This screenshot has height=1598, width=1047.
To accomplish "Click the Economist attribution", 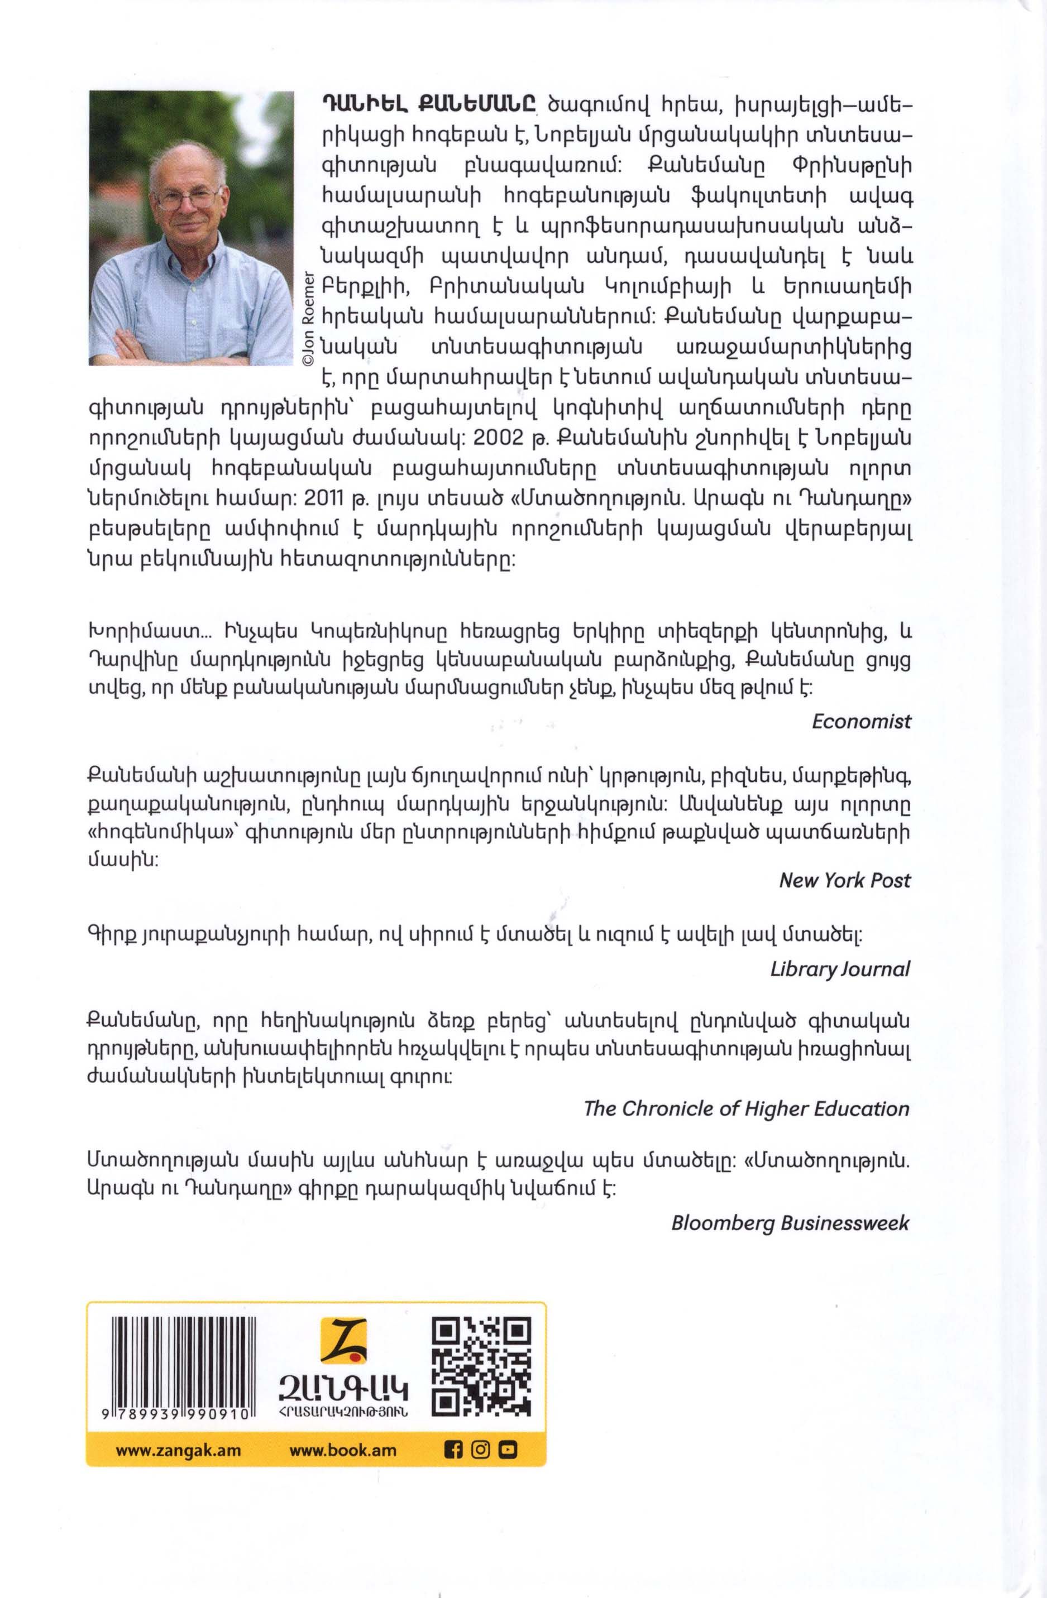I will point(861,721).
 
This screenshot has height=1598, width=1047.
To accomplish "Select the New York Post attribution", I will point(844,880).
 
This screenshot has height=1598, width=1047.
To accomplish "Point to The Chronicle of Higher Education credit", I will point(747,1108).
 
